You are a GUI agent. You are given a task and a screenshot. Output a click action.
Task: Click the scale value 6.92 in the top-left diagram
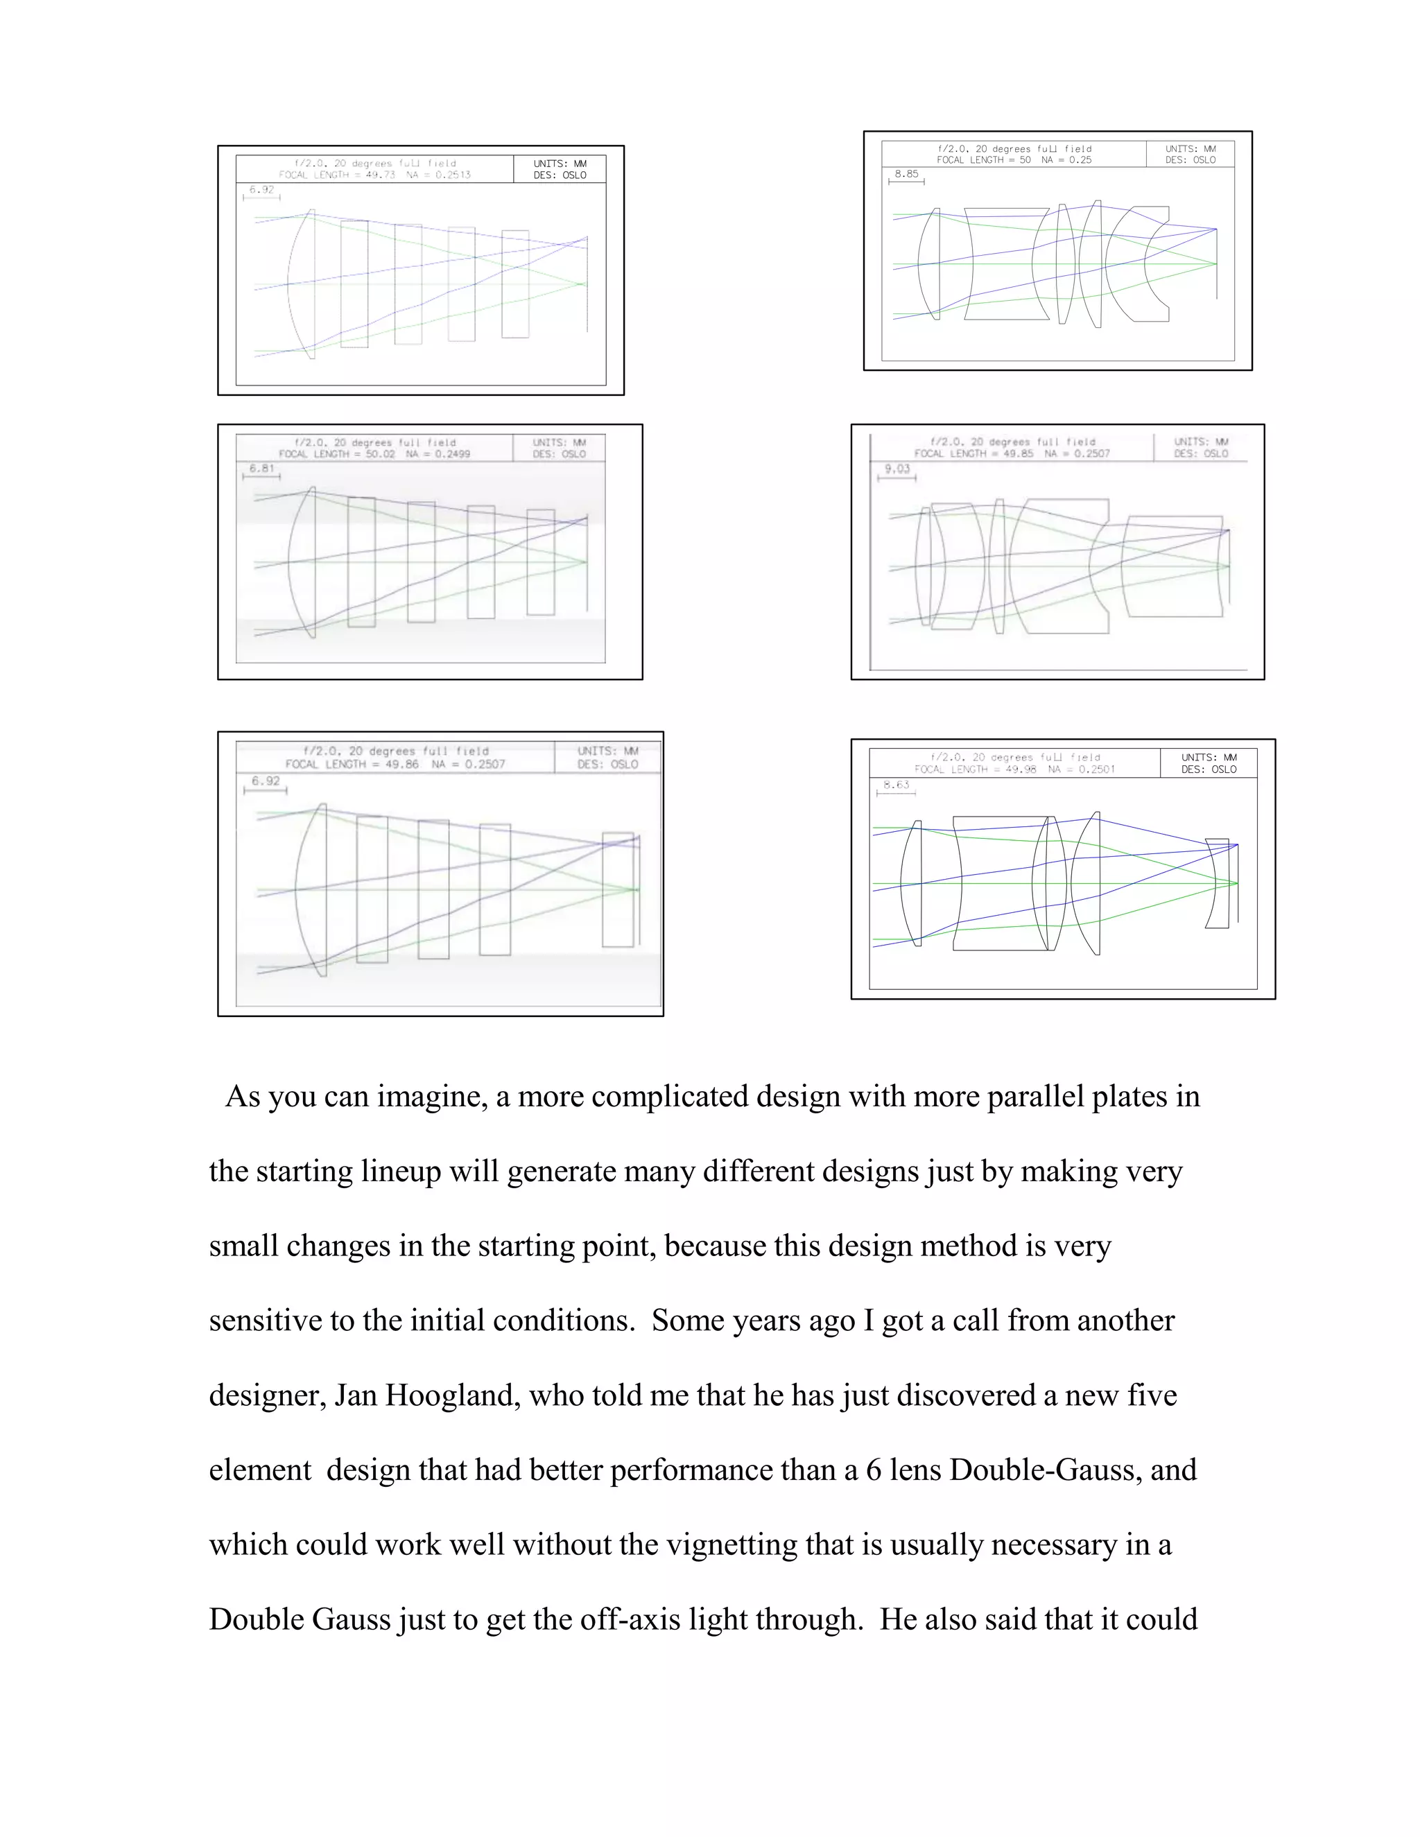[x=261, y=190]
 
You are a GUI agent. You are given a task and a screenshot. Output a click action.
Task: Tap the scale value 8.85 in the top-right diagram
[x=906, y=174]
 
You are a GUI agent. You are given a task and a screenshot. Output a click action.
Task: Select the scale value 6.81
[x=261, y=469]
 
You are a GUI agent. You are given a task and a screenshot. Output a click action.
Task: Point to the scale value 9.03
[x=897, y=469]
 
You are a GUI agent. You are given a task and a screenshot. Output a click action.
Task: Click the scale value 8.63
[x=896, y=785]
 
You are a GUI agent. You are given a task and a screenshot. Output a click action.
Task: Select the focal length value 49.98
[x=1021, y=769]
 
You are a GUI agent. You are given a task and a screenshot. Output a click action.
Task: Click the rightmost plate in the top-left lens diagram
[x=515, y=284]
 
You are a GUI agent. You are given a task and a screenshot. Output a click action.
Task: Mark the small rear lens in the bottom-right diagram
[x=1216, y=883]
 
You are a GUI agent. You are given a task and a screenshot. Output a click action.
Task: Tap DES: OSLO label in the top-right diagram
[x=1190, y=160]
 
